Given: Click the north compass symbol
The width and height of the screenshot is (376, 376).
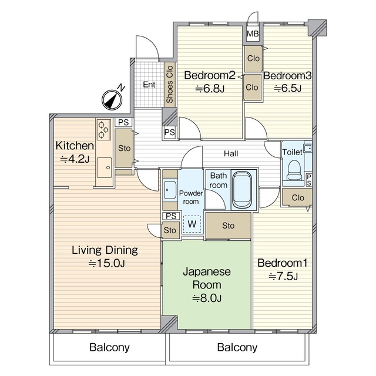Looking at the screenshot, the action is coord(112,100).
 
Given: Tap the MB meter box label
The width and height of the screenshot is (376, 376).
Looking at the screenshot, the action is coord(253,34).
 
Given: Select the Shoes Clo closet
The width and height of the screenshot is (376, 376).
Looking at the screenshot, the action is coord(170,85).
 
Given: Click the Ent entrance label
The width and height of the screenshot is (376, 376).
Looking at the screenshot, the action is coord(149,85).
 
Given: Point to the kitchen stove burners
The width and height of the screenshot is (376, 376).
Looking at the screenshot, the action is coord(104,130).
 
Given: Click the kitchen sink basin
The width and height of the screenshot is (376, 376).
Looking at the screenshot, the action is coord(105,167).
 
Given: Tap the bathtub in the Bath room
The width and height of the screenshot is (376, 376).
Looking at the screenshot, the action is coord(242,190).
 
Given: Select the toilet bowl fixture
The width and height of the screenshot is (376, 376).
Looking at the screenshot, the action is coord(294,170).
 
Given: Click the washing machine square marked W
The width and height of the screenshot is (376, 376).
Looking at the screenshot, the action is coord(192,224).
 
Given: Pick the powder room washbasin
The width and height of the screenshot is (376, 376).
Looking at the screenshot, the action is coord(170,190).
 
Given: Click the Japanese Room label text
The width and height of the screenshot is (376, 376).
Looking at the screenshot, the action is coord(207,278).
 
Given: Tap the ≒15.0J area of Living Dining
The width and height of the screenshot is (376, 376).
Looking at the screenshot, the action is coord(106,264).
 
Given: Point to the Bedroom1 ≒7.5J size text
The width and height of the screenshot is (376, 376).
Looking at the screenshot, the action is coord(283,277).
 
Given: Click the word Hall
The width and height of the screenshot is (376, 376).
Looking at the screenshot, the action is coord(231,153).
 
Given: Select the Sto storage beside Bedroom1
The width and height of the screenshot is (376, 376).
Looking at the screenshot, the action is coord(229,226).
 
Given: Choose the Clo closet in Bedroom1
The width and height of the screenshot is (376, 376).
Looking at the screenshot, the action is coord(297,197).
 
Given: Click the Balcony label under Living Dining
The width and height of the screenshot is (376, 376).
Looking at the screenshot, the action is coord(109,347).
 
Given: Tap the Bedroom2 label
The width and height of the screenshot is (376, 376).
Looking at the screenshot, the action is coord(210,75).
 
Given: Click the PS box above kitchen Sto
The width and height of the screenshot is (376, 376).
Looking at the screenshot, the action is coord(123,123).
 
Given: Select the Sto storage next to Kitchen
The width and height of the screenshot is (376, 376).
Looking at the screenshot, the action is coord(124,149).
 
